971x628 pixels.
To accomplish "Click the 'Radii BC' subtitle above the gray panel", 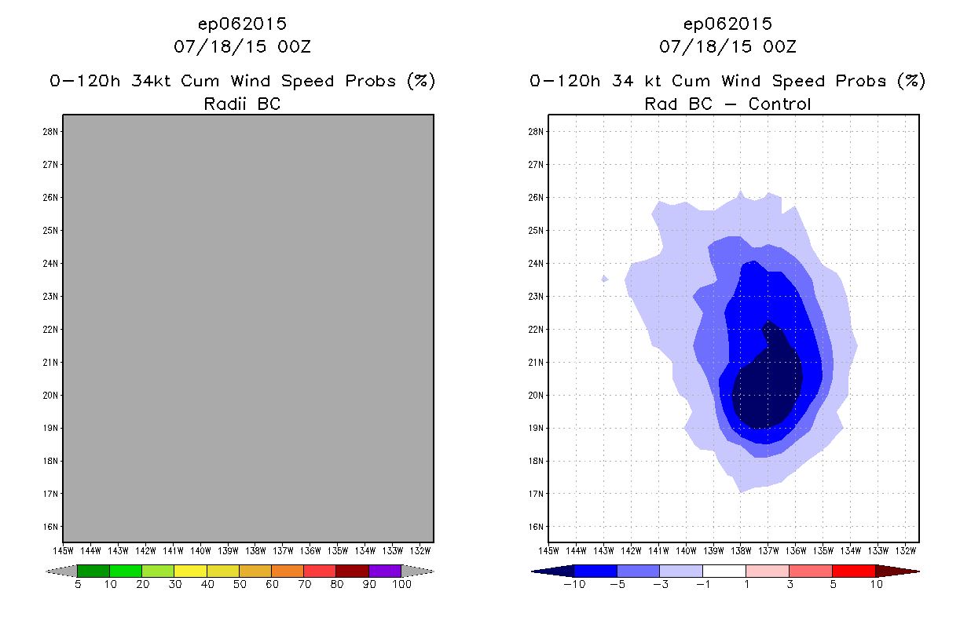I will coord(242,104).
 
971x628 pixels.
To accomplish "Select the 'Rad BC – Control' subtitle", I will coord(727,104).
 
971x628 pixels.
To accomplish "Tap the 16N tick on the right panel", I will coord(537,527).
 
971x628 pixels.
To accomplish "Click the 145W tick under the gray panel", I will coord(64,549).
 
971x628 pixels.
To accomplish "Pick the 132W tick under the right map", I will coord(906,549).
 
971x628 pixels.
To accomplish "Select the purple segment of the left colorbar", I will coord(385,571).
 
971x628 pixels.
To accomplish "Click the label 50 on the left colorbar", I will coord(240,584).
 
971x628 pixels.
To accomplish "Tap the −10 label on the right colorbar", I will coord(573,584).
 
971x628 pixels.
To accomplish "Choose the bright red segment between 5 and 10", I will coord(853,571).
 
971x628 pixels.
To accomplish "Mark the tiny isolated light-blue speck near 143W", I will coord(604,279).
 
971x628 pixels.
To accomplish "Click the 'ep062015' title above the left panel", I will coord(242,24).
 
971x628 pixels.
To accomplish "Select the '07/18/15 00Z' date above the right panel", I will coord(727,47).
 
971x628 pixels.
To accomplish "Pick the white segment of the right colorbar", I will coord(724,571).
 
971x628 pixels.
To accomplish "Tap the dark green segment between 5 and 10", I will coord(93,571).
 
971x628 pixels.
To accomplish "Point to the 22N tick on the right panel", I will coord(537,330).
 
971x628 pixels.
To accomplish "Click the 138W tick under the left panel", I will coord(255,549).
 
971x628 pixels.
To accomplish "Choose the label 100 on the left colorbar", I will coord(401,584).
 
